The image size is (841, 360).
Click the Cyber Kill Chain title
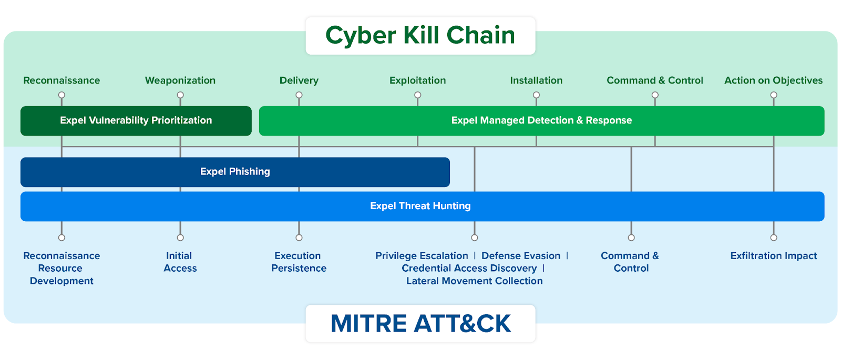[x=420, y=36]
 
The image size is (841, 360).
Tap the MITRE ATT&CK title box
[x=420, y=323]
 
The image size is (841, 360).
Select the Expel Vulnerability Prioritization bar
[x=136, y=121]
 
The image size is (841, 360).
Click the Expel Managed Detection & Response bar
[x=541, y=121]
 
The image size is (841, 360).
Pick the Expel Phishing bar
[x=235, y=172]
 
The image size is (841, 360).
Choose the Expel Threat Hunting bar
[x=420, y=206]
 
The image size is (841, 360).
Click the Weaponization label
[x=180, y=80]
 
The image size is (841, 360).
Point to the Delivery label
[x=299, y=80]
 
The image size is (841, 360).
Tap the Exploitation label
[x=417, y=80]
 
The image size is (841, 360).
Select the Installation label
[x=536, y=80]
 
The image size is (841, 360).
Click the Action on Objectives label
[x=773, y=80]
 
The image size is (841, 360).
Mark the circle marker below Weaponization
[x=180, y=95]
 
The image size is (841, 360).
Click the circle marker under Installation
[x=536, y=95]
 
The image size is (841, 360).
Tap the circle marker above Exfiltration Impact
[x=773, y=238]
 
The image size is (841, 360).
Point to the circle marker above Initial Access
[x=180, y=238]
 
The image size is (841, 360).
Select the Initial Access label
[x=180, y=262]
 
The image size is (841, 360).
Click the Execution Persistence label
[x=299, y=262]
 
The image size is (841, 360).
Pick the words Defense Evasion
[x=521, y=256]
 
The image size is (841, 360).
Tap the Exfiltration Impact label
[x=773, y=256]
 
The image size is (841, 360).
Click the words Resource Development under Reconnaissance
[x=61, y=274]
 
